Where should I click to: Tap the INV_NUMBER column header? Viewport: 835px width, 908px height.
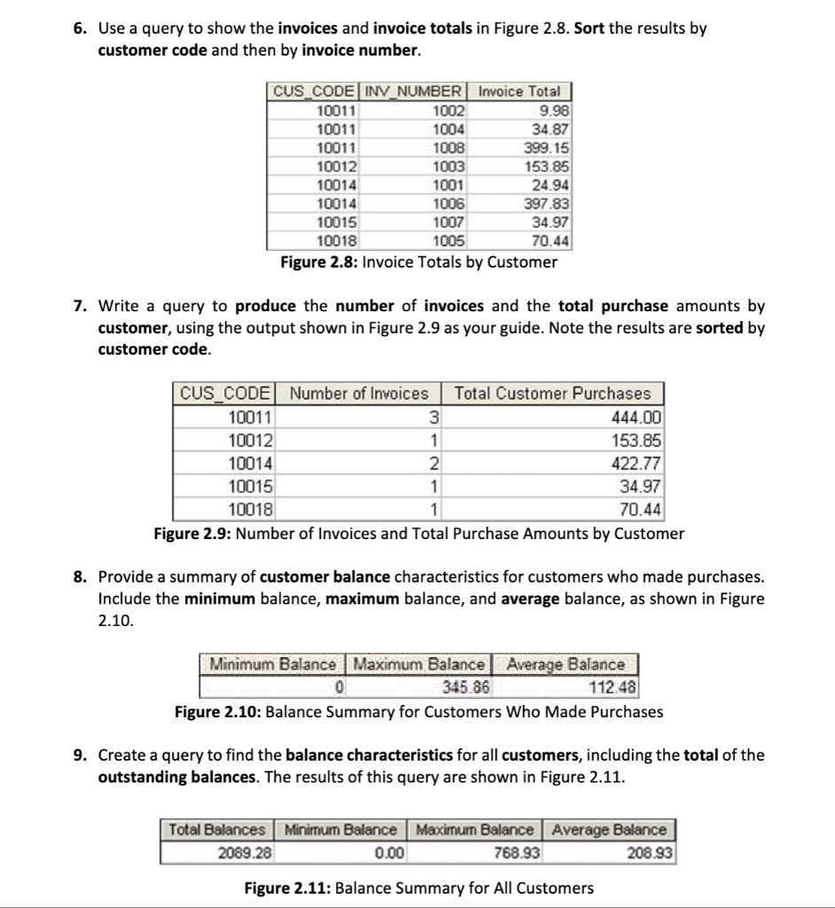(x=415, y=91)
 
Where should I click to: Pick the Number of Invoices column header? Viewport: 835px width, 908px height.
(x=359, y=394)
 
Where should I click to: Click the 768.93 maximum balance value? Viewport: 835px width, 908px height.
(x=513, y=852)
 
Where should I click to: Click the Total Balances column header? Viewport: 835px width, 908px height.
(x=217, y=830)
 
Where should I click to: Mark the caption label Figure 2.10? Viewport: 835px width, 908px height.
(x=217, y=712)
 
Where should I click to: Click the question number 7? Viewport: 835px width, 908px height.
(x=80, y=307)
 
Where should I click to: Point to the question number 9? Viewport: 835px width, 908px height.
(x=80, y=755)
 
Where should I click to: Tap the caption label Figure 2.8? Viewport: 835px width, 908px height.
(x=319, y=262)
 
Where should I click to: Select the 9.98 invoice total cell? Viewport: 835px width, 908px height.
(x=556, y=110)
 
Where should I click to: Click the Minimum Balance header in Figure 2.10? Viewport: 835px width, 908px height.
(x=273, y=664)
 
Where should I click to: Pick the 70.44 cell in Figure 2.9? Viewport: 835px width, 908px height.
(x=640, y=510)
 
